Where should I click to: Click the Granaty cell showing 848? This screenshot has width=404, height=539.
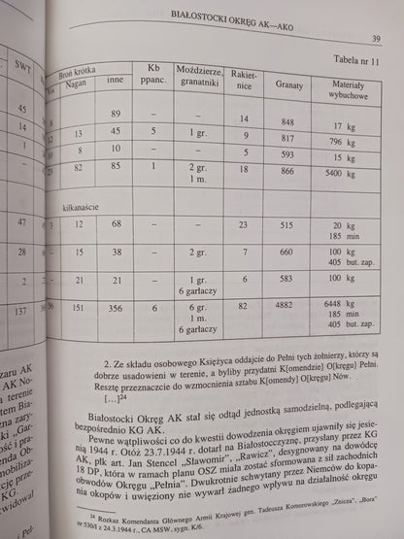286,120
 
